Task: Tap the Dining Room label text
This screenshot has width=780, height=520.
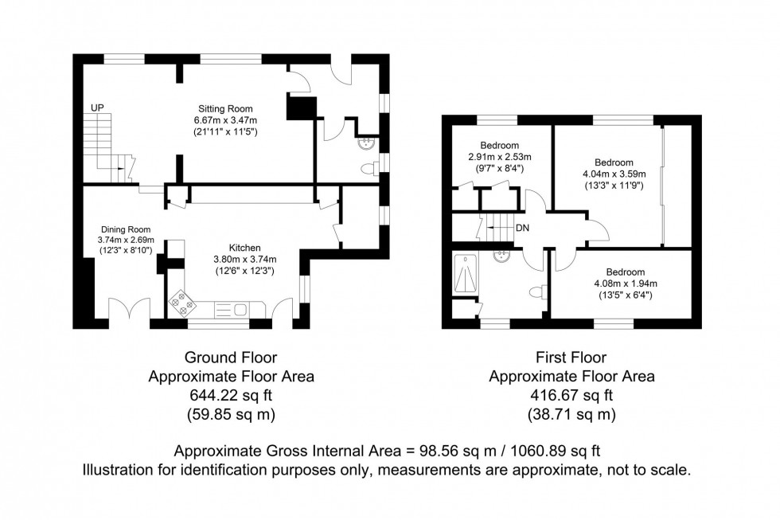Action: point(124,229)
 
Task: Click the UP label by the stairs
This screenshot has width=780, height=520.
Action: point(97,108)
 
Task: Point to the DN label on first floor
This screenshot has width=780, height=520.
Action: point(523,228)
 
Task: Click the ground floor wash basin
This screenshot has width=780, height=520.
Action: point(367,144)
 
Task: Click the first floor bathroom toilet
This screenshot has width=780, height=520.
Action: point(544,291)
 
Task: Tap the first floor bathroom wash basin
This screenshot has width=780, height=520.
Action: point(502,256)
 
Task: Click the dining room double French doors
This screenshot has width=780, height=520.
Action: point(129,311)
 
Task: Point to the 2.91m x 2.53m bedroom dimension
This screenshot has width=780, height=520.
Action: point(499,157)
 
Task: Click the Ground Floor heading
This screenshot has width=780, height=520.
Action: point(230,358)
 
